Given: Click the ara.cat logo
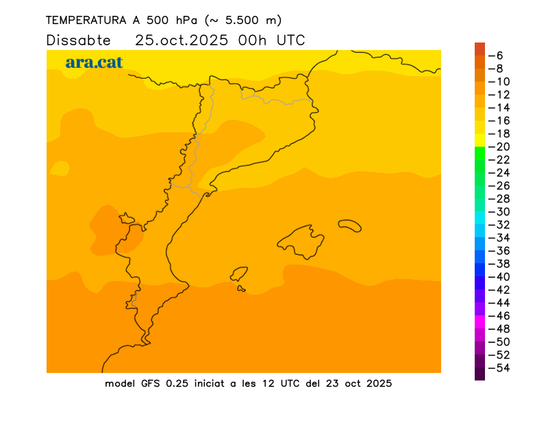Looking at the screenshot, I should (94, 62).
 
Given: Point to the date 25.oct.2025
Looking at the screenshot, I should (182, 40).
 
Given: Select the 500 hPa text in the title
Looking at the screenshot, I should (171, 21).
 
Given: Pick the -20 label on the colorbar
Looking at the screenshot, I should (498, 146).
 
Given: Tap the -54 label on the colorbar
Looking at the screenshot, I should (498, 367).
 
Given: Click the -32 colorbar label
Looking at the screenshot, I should (498, 224).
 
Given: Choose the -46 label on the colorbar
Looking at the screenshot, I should (498, 315).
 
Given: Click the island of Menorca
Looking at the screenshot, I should (349, 225).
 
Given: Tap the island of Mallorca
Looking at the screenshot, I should (301, 242).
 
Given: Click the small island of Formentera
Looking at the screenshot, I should (241, 289).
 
